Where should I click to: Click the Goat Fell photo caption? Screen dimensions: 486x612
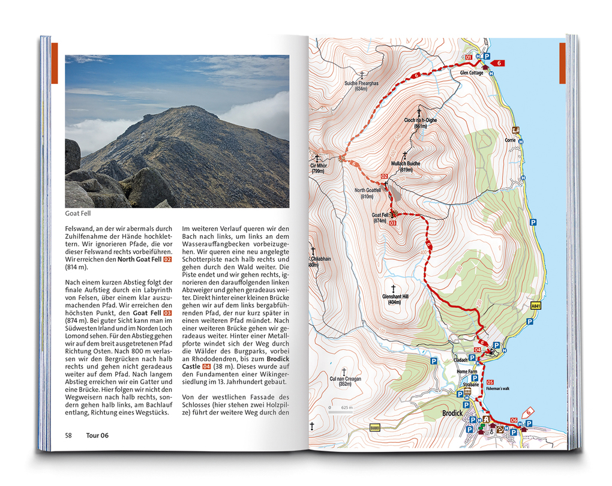(x=78, y=213)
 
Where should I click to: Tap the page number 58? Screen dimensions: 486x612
(x=69, y=435)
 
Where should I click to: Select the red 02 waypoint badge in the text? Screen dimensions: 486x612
(x=167, y=260)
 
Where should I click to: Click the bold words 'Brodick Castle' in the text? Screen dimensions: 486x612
(x=267, y=362)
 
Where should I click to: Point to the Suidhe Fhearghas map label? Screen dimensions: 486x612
(x=361, y=83)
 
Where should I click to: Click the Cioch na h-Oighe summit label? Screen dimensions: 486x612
(x=420, y=120)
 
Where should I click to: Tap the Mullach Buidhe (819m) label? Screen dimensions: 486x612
(x=406, y=163)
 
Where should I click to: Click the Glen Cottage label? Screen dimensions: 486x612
(x=472, y=73)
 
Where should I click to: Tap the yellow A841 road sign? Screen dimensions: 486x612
(x=536, y=305)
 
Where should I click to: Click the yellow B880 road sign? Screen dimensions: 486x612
(x=375, y=427)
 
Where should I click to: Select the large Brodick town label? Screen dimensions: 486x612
(x=452, y=413)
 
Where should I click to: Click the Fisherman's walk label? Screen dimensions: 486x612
(x=497, y=389)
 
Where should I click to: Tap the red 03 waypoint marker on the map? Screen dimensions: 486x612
(x=393, y=223)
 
